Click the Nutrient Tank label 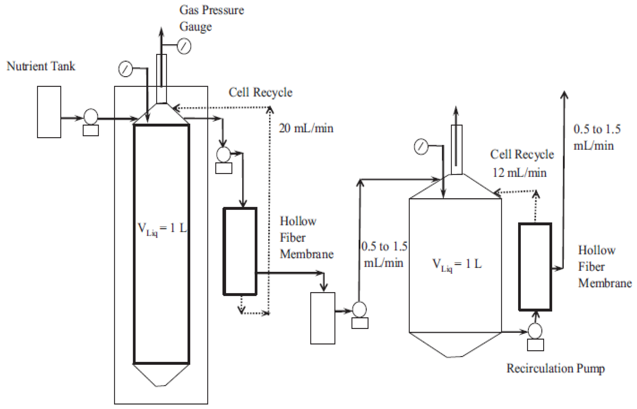[41, 66]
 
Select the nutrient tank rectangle [49, 112]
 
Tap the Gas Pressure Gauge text [211, 18]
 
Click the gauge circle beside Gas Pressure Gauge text [184, 46]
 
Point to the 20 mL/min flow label [306, 128]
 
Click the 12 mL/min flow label [519, 173]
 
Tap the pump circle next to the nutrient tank [91, 117]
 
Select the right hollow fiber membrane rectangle [535, 267]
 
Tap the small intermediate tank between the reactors [322, 318]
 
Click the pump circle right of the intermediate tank [360, 310]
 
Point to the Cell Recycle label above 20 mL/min [260, 93]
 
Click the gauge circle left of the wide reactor [421, 146]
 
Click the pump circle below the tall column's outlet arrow [223, 154]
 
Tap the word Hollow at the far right [597, 250]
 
